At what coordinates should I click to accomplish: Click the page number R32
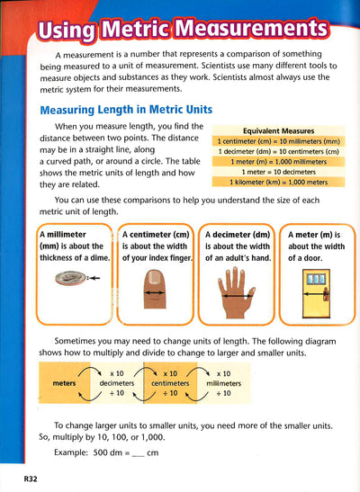click(31, 479)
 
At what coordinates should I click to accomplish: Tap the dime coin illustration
click(70, 278)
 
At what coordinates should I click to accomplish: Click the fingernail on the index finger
click(155, 277)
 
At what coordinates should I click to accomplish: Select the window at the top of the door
click(316, 279)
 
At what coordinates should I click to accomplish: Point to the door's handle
click(326, 294)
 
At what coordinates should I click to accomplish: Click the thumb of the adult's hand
click(252, 292)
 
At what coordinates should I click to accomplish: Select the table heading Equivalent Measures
click(278, 130)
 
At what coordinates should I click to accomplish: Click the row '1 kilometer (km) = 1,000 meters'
click(278, 182)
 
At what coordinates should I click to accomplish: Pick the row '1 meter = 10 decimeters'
click(278, 172)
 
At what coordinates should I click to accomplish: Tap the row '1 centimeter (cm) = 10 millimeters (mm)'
click(278, 141)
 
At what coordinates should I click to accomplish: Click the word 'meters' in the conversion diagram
click(64, 383)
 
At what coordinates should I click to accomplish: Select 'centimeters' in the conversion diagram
click(170, 383)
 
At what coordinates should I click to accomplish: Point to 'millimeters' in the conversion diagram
click(223, 383)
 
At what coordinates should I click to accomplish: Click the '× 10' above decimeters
click(117, 373)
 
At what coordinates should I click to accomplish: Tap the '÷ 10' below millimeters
click(223, 393)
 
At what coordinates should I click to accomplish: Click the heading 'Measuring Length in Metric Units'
click(126, 110)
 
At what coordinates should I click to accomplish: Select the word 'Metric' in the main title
click(137, 29)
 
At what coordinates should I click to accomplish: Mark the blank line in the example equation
click(138, 456)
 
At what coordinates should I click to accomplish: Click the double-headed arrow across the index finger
click(155, 292)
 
